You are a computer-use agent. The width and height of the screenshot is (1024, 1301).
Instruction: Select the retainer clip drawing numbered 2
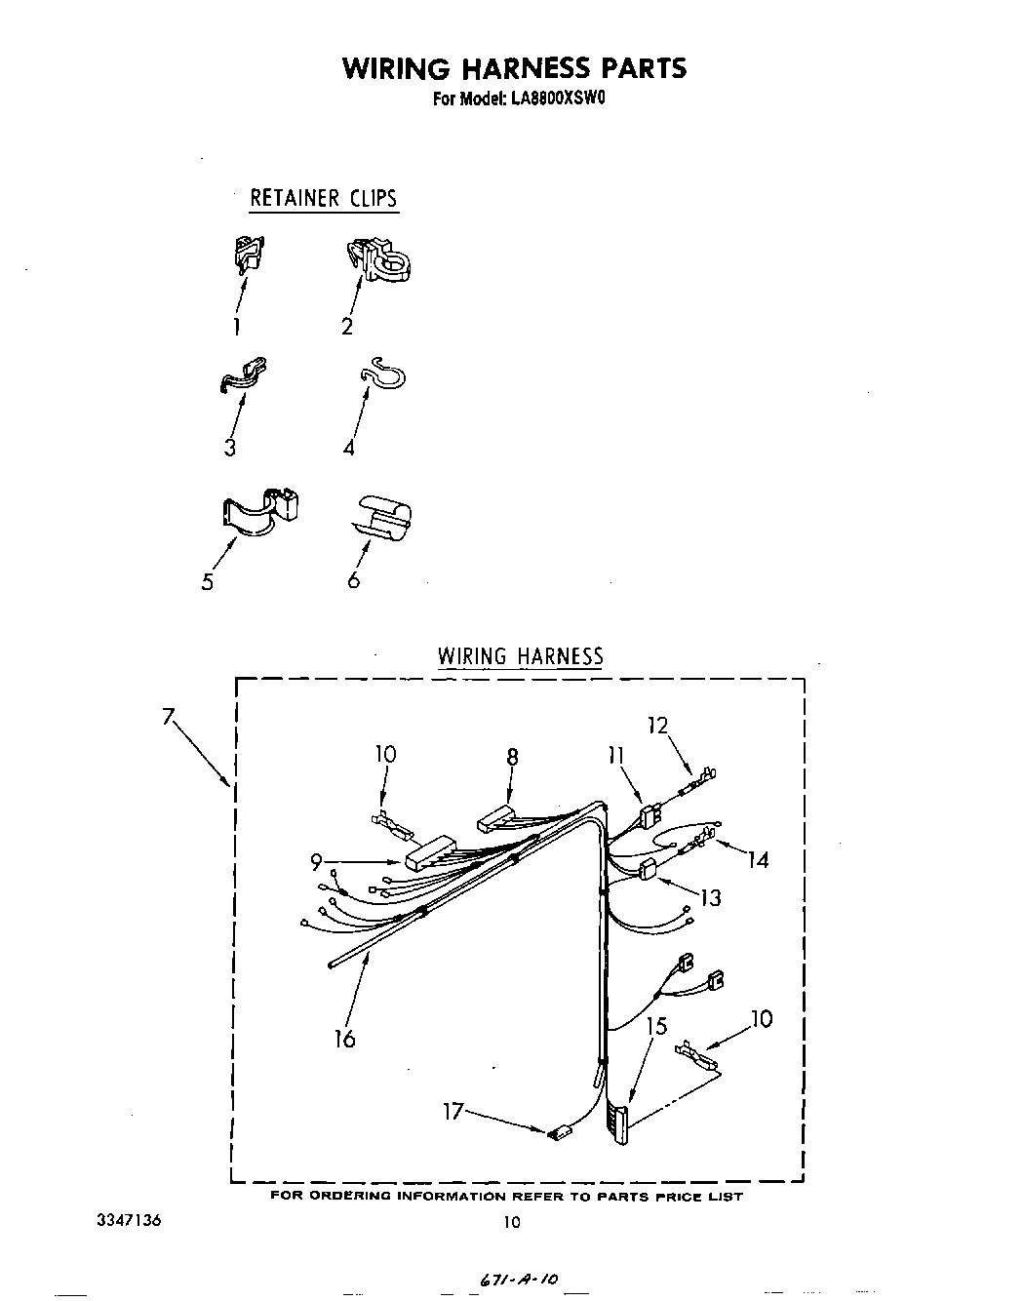[377, 258]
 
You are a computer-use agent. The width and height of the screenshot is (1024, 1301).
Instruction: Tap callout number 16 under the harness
[344, 1038]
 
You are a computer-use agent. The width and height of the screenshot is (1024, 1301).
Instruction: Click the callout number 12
[657, 725]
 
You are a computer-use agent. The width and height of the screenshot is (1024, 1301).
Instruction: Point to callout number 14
[758, 859]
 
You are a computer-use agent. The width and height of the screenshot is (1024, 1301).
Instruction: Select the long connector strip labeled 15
[618, 1122]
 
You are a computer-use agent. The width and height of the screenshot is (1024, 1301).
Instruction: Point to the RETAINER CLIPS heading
[324, 198]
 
